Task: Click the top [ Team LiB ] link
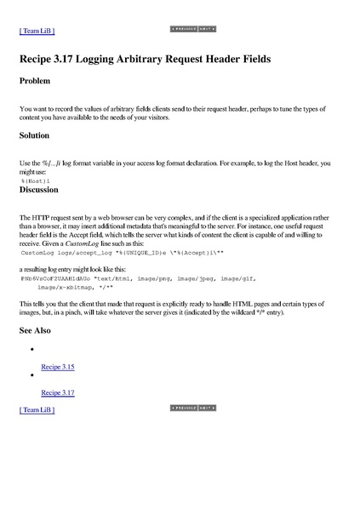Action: click(x=37, y=31)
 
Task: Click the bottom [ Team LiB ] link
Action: click(x=37, y=409)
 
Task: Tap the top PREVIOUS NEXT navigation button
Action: click(x=193, y=29)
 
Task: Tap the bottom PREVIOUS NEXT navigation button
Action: click(x=193, y=408)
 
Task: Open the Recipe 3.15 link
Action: click(x=58, y=367)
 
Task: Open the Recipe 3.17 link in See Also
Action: click(x=58, y=392)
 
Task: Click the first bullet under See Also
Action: click(x=31, y=350)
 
